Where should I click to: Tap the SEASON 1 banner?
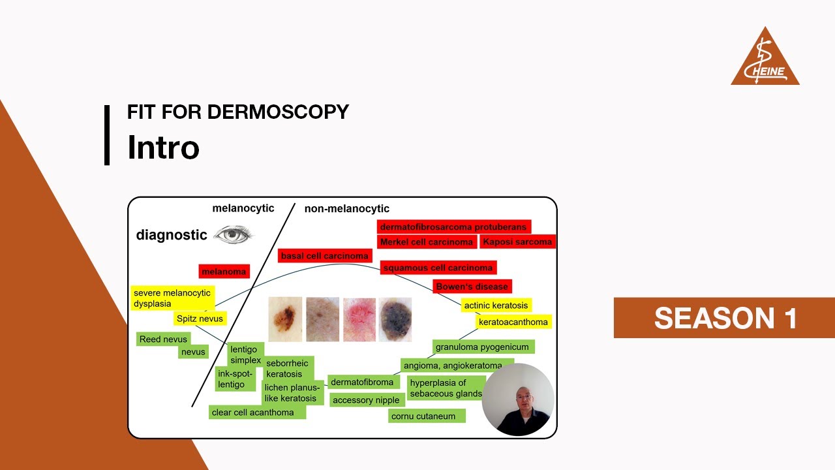coord(725,318)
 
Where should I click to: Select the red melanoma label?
coord(224,271)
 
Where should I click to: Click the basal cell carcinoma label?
coord(325,256)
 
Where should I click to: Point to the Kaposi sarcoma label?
coord(517,242)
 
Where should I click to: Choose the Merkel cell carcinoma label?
coord(427,242)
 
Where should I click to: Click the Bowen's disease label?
coord(472,287)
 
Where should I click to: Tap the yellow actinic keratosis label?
coord(496,305)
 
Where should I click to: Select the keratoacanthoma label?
coord(513,322)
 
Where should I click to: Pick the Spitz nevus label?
coord(200,319)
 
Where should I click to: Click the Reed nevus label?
coord(163,339)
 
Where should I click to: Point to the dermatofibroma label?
coord(362,382)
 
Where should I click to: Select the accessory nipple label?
coord(365,399)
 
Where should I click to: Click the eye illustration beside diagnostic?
coord(232,235)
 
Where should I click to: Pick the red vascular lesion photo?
coord(359,319)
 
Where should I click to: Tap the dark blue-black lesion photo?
coord(395,319)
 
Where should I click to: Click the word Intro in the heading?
coord(163,148)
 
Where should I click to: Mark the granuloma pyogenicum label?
coord(482,347)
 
